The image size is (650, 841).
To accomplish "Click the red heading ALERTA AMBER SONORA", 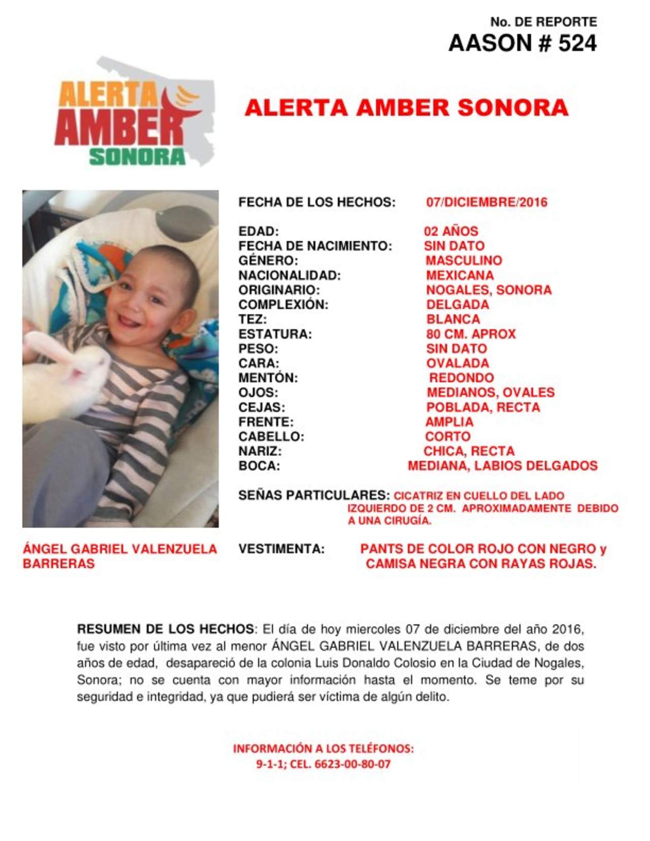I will point(406,108).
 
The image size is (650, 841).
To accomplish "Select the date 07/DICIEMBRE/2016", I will point(486,202).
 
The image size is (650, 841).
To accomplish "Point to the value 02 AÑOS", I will point(451,232).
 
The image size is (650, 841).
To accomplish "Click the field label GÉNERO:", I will point(268,261).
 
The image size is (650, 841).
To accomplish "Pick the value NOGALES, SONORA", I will point(489,290).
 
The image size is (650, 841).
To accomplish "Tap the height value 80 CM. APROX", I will point(471,334).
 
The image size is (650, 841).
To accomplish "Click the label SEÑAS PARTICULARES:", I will point(314,495).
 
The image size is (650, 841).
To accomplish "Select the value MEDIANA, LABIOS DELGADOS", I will point(502,466).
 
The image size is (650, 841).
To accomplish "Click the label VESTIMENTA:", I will point(281,549).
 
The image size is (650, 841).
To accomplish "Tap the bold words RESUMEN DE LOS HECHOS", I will point(165,629).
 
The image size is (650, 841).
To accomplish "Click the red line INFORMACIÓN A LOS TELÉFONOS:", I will point(323,749).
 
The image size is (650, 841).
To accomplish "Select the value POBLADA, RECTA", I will point(483,407).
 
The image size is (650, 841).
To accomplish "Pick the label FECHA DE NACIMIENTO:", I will point(315,246).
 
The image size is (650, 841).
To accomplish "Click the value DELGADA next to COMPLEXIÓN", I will point(458,305).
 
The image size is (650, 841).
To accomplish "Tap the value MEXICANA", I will point(460,275).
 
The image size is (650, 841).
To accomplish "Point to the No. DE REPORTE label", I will point(543,22).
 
